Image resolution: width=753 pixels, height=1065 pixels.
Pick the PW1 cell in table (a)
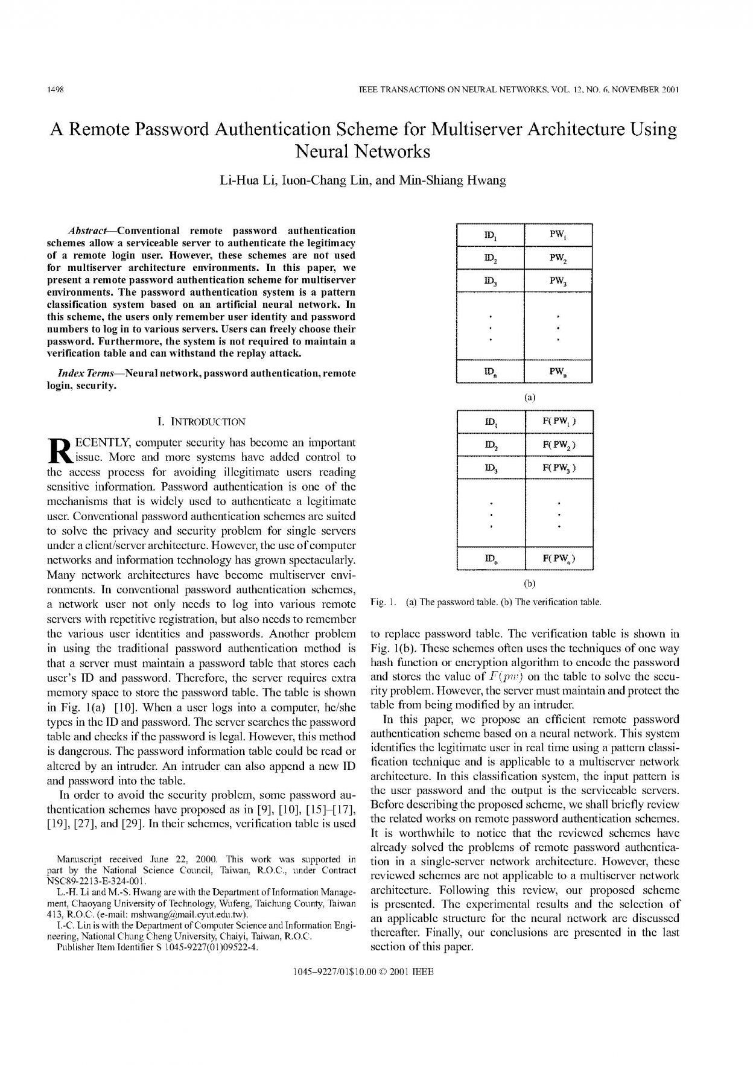click(x=558, y=235)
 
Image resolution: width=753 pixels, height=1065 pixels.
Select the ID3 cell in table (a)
click(x=490, y=281)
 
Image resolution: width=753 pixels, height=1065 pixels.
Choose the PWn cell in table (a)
click(x=558, y=372)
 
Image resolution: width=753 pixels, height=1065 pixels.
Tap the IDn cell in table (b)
click(x=490, y=559)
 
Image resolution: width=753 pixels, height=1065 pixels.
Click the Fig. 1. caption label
click(x=383, y=602)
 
